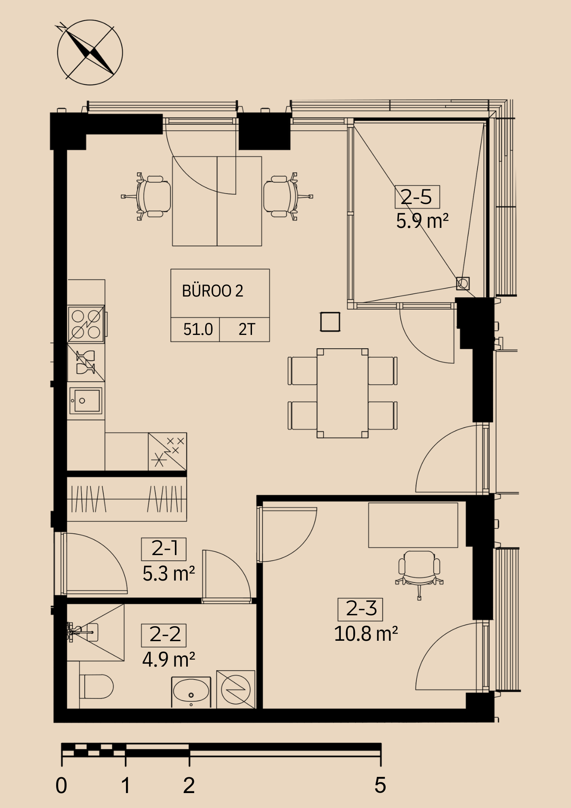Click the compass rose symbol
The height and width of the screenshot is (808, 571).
point(90,53)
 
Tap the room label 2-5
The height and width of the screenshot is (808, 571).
point(417,197)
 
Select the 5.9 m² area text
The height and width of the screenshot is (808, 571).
point(422,221)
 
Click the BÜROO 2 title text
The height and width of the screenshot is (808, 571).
point(212,291)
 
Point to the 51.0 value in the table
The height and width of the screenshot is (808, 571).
point(198,329)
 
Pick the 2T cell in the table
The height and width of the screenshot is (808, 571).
point(247,329)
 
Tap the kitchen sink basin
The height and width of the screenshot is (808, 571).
point(86,401)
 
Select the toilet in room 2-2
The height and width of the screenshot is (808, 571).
point(97,686)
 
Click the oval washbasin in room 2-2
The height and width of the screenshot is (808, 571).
point(191,692)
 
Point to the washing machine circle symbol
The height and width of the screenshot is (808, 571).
point(236,690)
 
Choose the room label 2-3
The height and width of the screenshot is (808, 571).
point(360,609)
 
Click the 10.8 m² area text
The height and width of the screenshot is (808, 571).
point(366,634)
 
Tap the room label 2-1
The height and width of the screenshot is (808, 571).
point(164,549)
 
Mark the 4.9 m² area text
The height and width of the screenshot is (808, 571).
point(168,660)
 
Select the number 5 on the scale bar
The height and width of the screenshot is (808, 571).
point(380,785)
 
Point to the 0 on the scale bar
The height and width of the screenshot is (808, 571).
point(61,785)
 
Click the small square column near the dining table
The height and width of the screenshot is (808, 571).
point(330,322)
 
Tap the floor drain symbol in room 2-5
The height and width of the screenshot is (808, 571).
point(463,284)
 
